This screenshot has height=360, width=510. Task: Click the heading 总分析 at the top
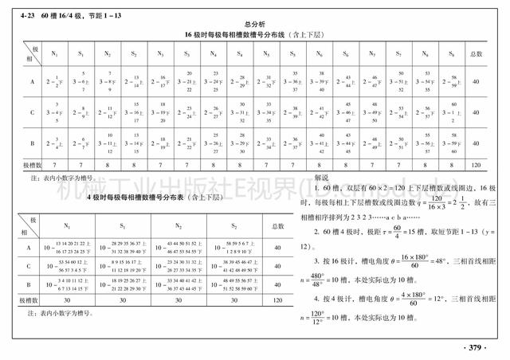point(254,25)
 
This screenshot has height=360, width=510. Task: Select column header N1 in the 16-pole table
point(53,53)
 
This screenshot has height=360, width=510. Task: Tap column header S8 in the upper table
point(451,53)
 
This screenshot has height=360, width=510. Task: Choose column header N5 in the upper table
point(266,53)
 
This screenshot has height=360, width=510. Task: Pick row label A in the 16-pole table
point(31,81)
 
